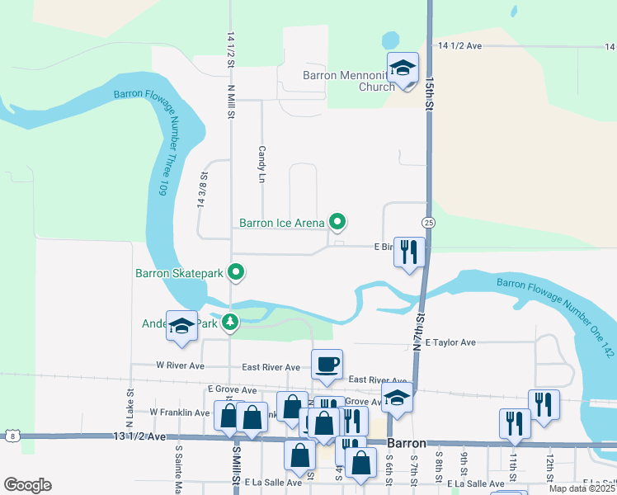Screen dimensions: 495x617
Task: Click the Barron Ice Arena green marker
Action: pyautogui.click(x=337, y=221)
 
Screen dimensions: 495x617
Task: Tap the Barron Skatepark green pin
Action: pyautogui.click(x=236, y=271)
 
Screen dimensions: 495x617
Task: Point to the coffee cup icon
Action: pyautogui.click(x=327, y=364)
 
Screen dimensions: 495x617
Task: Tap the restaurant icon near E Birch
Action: pyautogui.click(x=409, y=252)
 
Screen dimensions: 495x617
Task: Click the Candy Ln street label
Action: pyautogui.click(x=261, y=164)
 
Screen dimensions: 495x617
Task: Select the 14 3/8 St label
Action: pyautogui.click(x=201, y=189)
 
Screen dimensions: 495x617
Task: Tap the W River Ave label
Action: pyautogui.click(x=180, y=365)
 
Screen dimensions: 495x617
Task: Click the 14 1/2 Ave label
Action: pyautogui.click(x=459, y=46)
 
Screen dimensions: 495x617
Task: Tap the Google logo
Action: pyautogui.click(x=27, y=485)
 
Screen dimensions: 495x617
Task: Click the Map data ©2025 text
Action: pyautogui.click(x=582, y=488)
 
